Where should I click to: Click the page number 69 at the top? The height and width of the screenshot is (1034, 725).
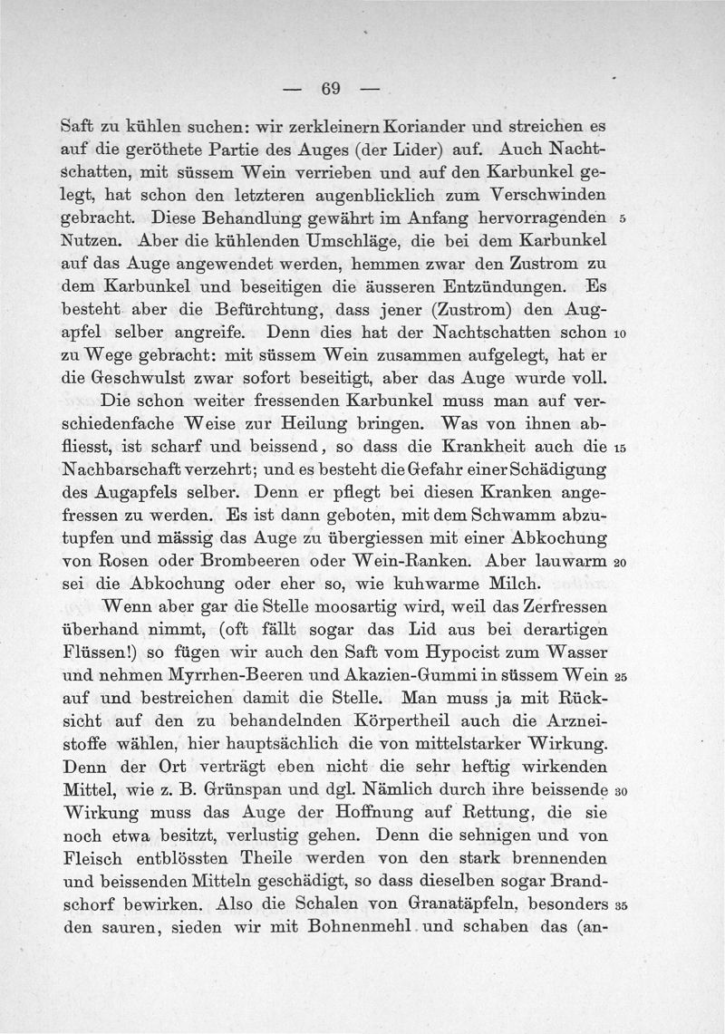pyautogui.click(x=329, y=89)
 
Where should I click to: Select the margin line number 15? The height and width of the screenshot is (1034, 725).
pyautogui.click(x=621, y=448)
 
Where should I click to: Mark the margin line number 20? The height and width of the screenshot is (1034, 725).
pyautogui.click(x=621, y=564)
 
